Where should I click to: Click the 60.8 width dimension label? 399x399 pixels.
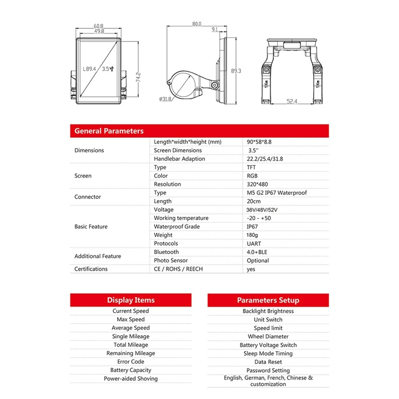98,26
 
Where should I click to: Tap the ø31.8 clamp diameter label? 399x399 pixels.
166,99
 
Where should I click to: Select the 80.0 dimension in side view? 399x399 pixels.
197,23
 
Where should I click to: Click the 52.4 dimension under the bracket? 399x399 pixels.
291,102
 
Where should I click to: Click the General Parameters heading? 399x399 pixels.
109,131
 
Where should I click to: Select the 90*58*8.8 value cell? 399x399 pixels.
259,142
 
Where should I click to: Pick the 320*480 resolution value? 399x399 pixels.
255,184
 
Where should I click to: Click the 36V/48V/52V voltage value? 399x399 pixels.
261,209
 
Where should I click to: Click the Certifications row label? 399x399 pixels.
91,269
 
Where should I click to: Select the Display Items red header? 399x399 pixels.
131,300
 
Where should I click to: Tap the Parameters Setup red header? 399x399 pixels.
268,300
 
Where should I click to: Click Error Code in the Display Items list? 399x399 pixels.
131,362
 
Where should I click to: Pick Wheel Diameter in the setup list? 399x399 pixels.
268,337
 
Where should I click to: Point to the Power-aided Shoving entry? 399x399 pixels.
131,379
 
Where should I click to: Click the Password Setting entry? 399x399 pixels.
268,371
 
